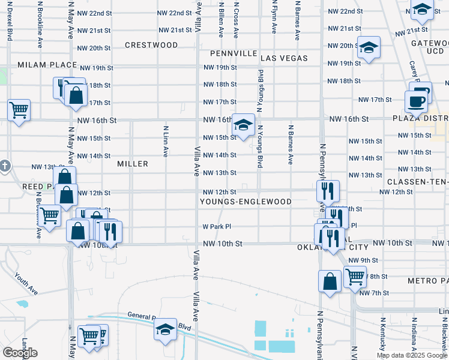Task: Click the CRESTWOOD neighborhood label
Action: (x=151, y=45)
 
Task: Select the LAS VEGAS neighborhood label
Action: (x=284, y=58)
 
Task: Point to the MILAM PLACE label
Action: (x=47, y=65)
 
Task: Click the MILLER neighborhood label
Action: (x=133, y=164)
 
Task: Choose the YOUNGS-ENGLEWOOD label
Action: (x=246, y=202)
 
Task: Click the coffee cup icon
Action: (x=415, y=101)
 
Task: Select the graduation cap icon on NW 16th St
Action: (x=243, y=125)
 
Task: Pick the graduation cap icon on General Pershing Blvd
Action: (x=165, y=329)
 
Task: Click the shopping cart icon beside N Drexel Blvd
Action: (x=19, y=110)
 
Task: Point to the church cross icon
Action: (x=4, y=165)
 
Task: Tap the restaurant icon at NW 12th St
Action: (x=328, y=191)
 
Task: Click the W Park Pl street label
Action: (x=217, y=227)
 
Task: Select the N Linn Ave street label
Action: (x=165, y=141)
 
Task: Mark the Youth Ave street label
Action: (x=26, y=284)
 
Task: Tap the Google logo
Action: (x=20, y=353)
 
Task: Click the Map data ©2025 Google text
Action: (x=411, y=355)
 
